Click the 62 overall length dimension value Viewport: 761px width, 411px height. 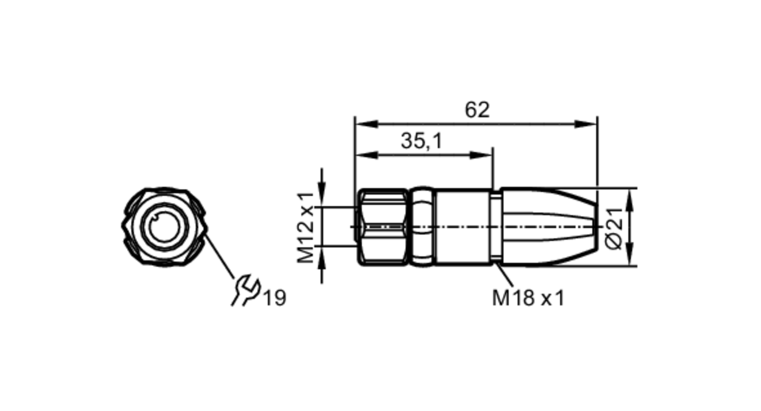tap(477, 110)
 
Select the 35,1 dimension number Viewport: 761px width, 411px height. tap(422, 141)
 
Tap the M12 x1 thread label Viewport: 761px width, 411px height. tap(306, 227)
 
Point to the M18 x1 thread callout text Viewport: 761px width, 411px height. tap(528, 298)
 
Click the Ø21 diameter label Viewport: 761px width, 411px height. tap(614, 228)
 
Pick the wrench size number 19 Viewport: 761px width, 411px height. tap(275, 298)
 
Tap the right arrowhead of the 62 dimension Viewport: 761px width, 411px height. tap(586, 124)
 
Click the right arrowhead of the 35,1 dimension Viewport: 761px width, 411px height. tap(482, 155)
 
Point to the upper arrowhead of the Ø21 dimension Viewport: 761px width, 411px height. tap(630, 200)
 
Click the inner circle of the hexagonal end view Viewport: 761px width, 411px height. tap(164, 227)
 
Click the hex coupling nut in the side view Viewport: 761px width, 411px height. tap(382, 227)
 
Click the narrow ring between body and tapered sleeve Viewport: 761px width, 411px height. tap(495, 227)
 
